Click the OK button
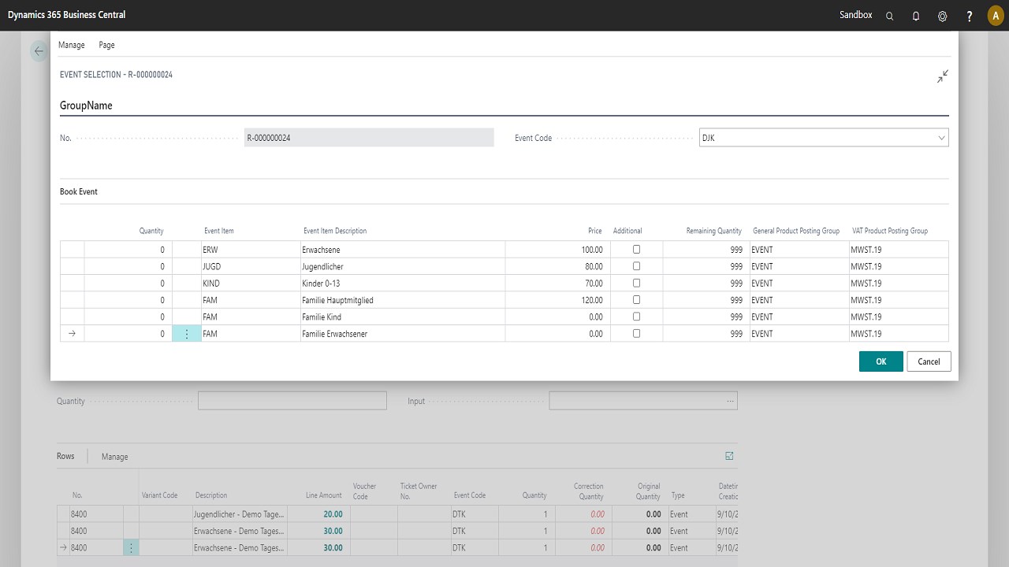[881, 361]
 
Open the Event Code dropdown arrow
[941, 138]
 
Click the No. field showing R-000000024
[368, 138]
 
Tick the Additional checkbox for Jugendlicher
[637, 266]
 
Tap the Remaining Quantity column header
[713, 231]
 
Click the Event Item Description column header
[335, 231]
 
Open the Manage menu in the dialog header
[72, 45]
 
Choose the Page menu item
[106, 45]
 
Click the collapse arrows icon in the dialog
[942, 76]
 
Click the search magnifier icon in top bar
[890, 16]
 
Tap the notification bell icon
[916, 16]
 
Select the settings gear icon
[943, 16]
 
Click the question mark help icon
[970, 16]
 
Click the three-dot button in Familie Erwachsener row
[187, 334]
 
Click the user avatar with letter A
[996, 16]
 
